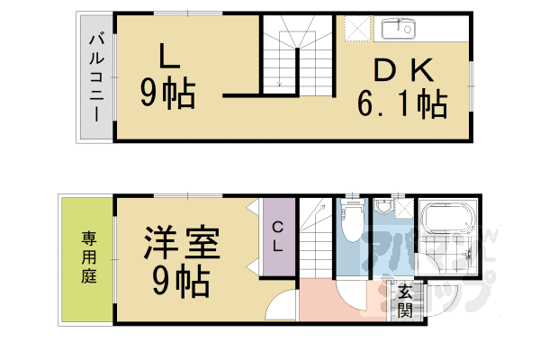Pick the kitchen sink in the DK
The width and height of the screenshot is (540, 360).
[397, 30]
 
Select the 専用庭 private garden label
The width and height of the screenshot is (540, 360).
[88, 256]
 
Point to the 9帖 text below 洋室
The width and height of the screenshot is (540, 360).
[180, 281]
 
